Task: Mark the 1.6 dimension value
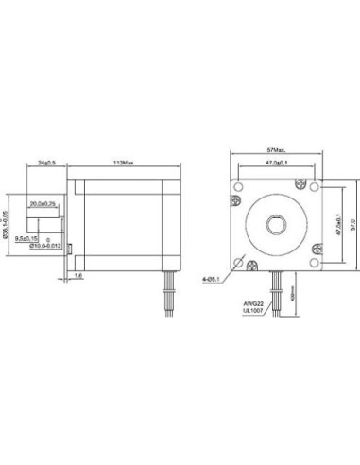click(x=79, y=275)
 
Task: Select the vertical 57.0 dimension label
click(x=351, y=224)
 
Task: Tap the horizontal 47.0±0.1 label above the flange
click(x=276, y=164)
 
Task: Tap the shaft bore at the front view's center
click(x=276, y=224)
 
